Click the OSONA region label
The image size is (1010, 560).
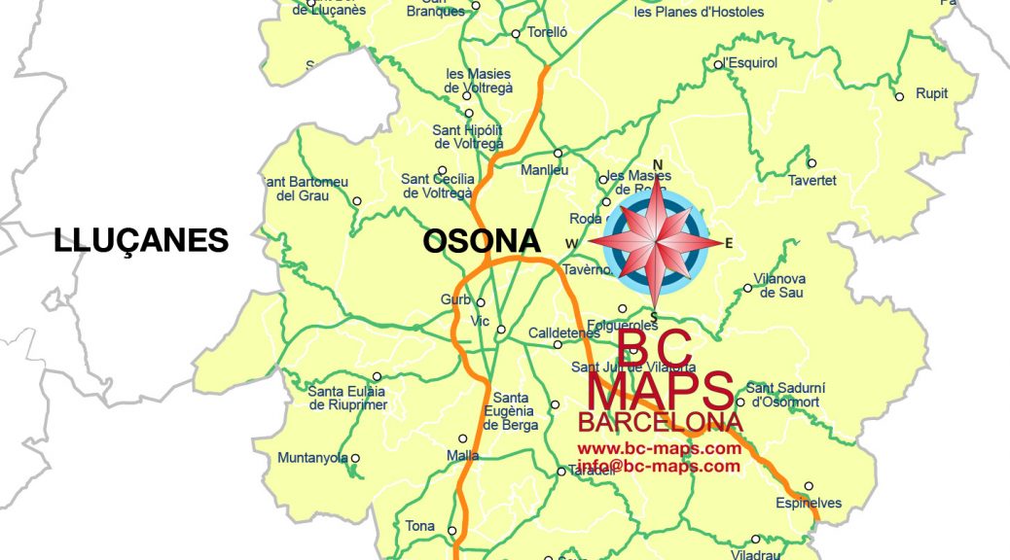tap(481, 241)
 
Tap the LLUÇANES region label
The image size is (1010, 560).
tap(142, 240)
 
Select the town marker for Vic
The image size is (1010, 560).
tap(501, 330)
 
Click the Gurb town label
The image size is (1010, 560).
tap(455, 300)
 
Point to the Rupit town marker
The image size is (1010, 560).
tap(899, 95)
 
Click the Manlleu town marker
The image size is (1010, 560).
tap(559, 153)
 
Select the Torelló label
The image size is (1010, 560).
tap(546, 32)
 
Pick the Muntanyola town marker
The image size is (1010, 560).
tap(355, 458)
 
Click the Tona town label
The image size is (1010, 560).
tap(420, 526)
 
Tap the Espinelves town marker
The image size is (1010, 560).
tap(809, 486)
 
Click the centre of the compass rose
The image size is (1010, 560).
tap(658, 243)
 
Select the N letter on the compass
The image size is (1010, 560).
tap(658, 164)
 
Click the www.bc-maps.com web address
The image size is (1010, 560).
tap(660, 449)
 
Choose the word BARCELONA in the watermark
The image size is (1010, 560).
tap(660, 423)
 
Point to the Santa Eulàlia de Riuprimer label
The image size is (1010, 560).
tap(347, 398)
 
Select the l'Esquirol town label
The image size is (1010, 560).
tap(750, 63)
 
